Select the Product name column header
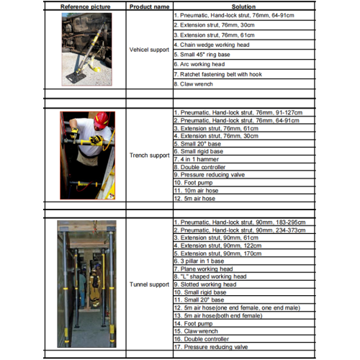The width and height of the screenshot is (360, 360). click(149, 6)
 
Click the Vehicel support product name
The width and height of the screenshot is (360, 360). click(149, 50)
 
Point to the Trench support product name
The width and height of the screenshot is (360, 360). click(149, 155)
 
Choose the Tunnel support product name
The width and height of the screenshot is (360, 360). click(149, 284)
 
